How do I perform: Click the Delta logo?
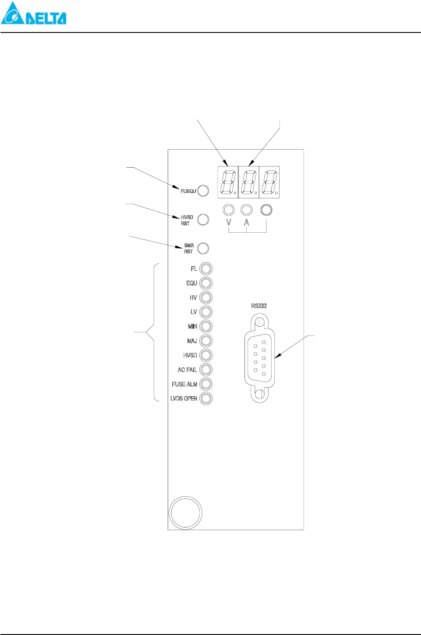[x=33, y=14]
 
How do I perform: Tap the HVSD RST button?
[x=203, y=220]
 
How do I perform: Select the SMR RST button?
[x=203, y=248]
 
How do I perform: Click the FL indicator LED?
[x=206, y=269]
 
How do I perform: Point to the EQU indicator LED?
[x=206, y=283]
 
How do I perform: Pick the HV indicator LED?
[x=206, y=298]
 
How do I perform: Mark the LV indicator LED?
[x=206, y=312]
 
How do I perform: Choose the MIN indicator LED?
[x=206, y=326]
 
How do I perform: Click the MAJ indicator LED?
[x=206, y=341]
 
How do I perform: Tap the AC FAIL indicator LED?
[x=206, y=370]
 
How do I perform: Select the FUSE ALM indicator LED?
[x=206, y=384]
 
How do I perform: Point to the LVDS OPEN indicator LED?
[x=206, y=398]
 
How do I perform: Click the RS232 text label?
[x=259, y=306]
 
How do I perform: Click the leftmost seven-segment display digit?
[x=228, y=182]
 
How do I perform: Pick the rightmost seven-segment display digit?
[x=269, y=182]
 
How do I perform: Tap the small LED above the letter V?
[x=229, y=209]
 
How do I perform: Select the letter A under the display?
[x=247, y=223]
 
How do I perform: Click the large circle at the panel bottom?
[x=185, y=513]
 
